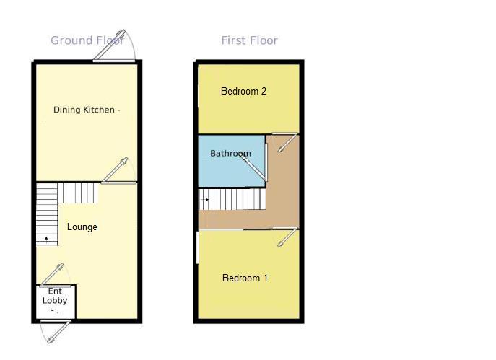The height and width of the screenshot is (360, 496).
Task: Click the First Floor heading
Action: tap(249, 40)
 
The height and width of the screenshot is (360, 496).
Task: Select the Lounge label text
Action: tap(82, 227)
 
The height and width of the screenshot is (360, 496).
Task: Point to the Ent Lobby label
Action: tap(55, 296)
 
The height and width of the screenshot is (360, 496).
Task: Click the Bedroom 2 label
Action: tap(244, 91)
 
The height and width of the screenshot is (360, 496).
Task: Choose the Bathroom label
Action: tap(230, 153)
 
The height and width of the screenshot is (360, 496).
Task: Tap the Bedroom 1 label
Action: tap(245, 278)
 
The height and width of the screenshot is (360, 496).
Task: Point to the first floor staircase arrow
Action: tap(207, 200)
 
